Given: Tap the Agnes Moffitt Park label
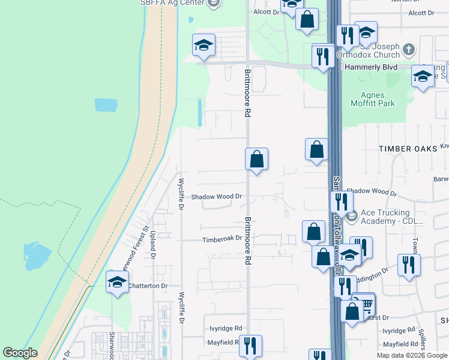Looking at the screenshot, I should [377, 99].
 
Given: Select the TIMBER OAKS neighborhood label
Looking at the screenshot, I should [406, 147].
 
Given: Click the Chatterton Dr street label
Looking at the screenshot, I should [148, 286].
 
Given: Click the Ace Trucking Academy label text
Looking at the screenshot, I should [385, 217].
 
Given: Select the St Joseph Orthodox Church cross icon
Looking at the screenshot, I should [408, 49].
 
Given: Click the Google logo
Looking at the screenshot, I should [20, 353].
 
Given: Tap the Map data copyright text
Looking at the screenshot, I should [412, 355].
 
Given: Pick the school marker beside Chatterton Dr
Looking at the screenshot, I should [117, 281].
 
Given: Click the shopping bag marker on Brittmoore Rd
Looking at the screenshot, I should [256, 159].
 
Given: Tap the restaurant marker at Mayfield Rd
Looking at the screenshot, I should [250, 345].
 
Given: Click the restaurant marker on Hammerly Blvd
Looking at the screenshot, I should [323, 56].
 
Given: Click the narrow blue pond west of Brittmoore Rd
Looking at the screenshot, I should [199, 112].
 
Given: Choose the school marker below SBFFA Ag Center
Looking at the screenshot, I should [203, 45].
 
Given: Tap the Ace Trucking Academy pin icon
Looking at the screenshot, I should [351, 214].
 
